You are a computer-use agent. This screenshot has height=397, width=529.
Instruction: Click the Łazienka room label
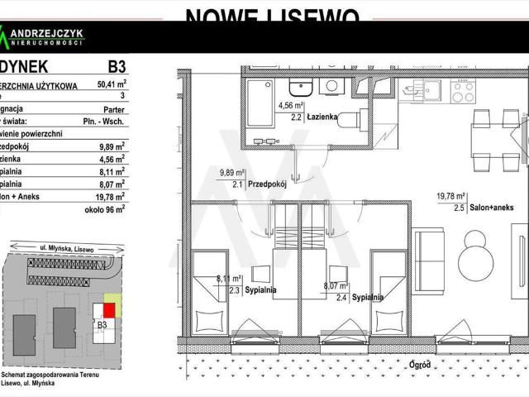322,117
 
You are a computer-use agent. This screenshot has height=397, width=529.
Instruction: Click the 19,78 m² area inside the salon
451,197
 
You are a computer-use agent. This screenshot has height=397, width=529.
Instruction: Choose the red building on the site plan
107,310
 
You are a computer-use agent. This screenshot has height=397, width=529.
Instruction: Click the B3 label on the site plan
103,325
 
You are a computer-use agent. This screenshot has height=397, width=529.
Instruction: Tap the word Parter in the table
113,108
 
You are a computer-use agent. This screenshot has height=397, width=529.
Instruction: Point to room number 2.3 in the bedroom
234,290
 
